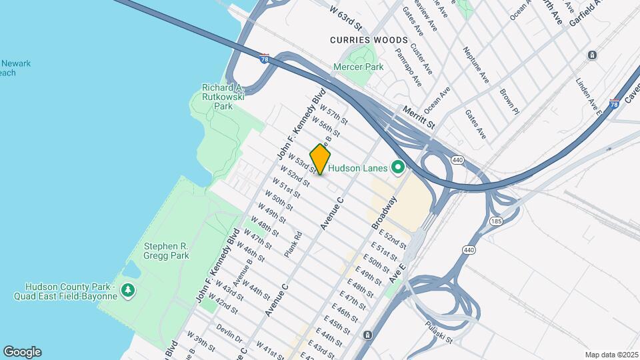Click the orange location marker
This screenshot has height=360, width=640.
pos(320,159)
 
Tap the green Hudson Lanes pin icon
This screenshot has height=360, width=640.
pos(399,167)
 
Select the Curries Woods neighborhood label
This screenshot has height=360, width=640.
pos(359,40)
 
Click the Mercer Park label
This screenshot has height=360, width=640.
pos(359,67)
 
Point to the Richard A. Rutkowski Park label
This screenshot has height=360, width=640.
pos(223,97)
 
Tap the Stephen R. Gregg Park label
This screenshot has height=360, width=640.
pos(167,251)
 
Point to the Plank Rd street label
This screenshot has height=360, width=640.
pos(293,244)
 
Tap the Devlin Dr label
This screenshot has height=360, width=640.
pos(229,333)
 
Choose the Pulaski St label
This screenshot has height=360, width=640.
pos(439,331)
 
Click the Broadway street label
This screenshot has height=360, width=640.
pos(384,212)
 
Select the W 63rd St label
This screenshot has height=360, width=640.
pos(345,18)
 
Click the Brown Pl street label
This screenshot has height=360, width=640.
pos(509,97)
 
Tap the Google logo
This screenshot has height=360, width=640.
pos(22,352)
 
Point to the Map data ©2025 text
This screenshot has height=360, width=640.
pos(611,355)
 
